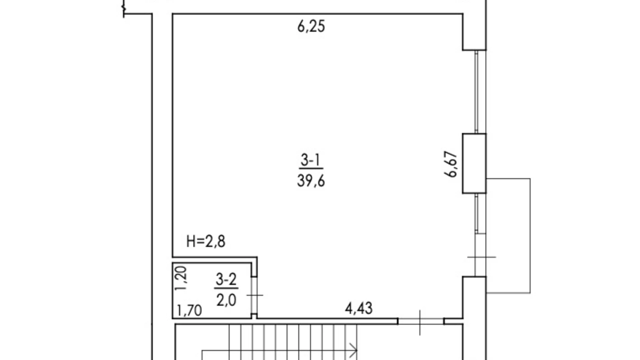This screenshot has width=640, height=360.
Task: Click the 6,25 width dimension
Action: (x=311, y=27)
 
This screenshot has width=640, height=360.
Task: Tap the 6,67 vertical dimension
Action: (x=451, y=164)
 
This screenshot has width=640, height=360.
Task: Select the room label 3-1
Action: (x=310, y=160)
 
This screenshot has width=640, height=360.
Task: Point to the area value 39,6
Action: (x=311, y=181)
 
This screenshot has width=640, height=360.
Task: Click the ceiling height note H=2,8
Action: (x=206, y=241)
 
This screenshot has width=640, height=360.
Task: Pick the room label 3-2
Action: (x=226, y=279)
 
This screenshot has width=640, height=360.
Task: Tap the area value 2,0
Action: (x=226, y=300)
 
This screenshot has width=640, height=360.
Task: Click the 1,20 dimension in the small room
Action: (x=181, y=278)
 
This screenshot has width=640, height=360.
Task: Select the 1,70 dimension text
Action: (x=189, y=310)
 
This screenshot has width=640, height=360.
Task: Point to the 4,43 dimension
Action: (x=359, y=308)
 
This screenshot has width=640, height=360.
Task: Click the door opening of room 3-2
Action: (x=254, y=295)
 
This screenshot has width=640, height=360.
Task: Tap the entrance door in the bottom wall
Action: (x=420, y=322)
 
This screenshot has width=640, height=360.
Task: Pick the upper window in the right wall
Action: (x=477, y=92)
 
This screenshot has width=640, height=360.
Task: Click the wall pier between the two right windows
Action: (x=474, y=163)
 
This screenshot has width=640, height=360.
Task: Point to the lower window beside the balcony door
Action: (x=477, y=213)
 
